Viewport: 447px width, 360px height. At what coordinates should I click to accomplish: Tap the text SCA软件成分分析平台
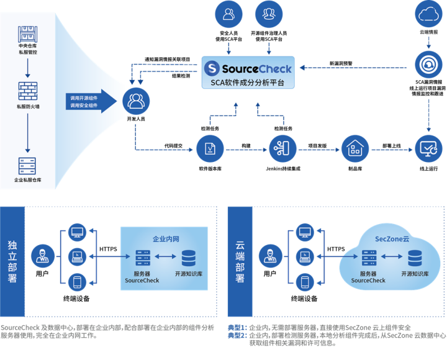[x=247, y=83]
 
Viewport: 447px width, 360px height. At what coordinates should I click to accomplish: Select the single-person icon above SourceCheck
[x=229, y=14]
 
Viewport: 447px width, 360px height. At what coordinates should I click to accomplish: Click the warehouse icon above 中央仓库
[x=27, y=32]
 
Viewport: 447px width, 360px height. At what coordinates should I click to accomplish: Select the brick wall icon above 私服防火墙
[x=27, y=91]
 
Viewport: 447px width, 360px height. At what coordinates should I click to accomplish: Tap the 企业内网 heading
[x=165, y=239]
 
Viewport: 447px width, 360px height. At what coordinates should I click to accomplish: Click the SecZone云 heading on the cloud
[x=392, y=239]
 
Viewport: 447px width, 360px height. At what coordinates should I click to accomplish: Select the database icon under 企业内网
[x=187, y=258]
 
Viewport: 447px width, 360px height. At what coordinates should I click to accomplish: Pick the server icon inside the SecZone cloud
[x=368, y=258]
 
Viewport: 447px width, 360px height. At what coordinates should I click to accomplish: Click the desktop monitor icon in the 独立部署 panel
[x=78, y=233]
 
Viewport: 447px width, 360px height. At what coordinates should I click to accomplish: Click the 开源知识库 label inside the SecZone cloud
[x=415, y=274]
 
